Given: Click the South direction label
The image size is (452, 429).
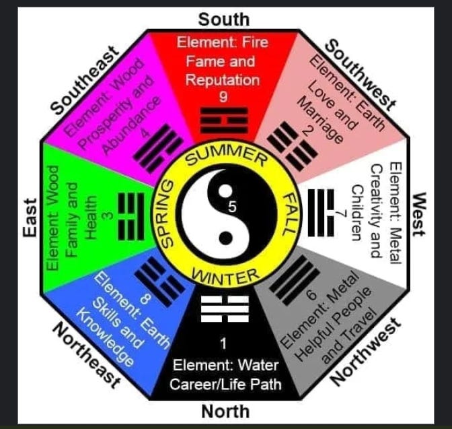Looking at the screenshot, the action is [223, 19].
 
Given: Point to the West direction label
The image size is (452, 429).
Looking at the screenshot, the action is [419, 215].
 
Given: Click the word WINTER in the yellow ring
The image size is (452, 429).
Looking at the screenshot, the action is [225, 275].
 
